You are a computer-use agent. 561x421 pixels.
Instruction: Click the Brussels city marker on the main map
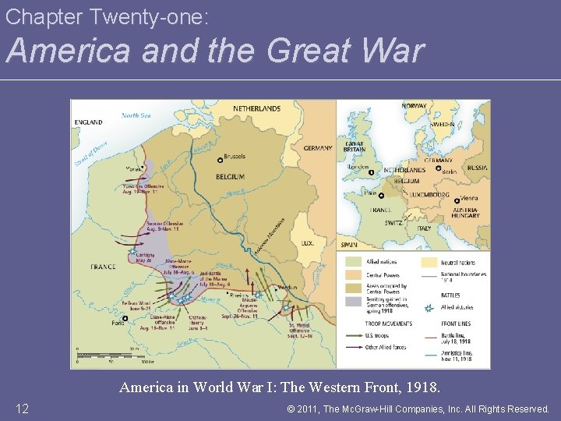pyautogui.click(x=220, y=159)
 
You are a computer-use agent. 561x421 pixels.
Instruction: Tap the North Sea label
pyautogui.click(x=136, y=115)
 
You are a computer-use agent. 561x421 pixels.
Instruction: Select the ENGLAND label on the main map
pyautogui.click(x=88, y=122)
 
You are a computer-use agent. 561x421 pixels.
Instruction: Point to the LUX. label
pyautogui.click(x=308, y=243)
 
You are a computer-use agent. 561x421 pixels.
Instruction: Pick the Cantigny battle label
pyautogui.click(x=145, y=256)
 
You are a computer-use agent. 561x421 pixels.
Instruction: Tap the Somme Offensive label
pyautogui.click(x=164, y=226)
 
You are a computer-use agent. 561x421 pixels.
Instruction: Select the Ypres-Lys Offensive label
pyautogui.click(x=142, y=189)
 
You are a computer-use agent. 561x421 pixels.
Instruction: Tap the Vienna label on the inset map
pyautogui.click(x=469, y=199)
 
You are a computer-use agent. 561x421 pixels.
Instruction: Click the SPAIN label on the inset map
pyautogui.click(x=348, y=245)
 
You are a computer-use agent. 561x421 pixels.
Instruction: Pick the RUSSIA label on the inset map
pyautogui.click(x=477, y=168)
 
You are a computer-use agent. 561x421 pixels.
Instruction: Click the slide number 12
pyautogui.click(x=23, y=409)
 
